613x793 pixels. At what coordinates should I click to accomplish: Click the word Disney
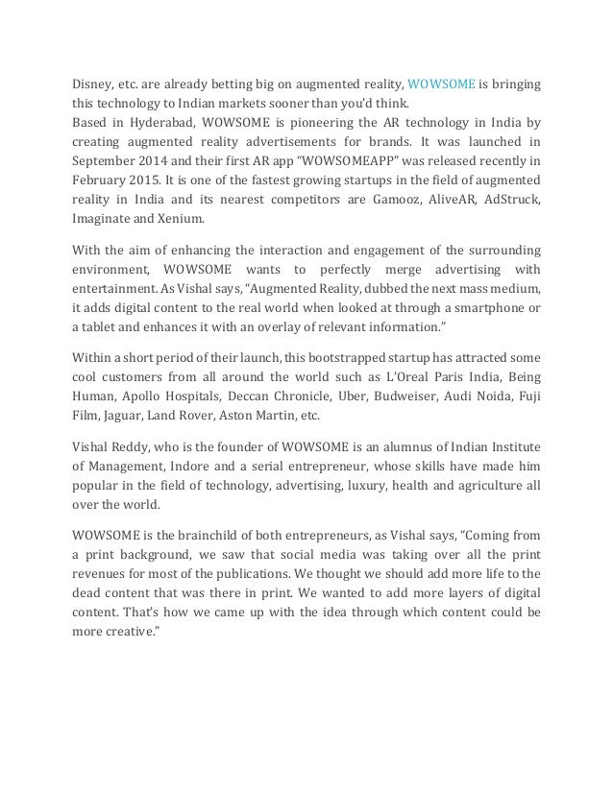coord(94,84)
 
